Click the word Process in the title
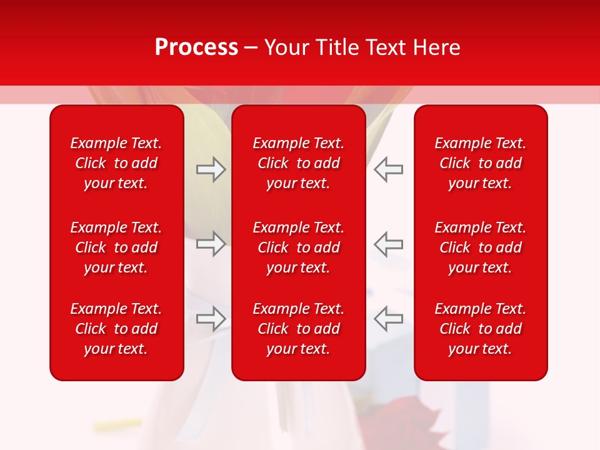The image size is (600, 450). [x=196, y=47]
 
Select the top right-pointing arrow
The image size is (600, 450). [x=211, y=169]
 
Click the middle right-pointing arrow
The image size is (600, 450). [x=211, y=244]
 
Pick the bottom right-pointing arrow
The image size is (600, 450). [x=211, y=319]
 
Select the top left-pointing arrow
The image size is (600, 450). [x=388, y=169]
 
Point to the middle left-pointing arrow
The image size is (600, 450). [x=388, y=244]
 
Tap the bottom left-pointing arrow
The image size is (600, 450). [x=388, y=319]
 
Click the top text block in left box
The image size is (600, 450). [x=116, y=163]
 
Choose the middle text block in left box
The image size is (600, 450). [x=116, y=247]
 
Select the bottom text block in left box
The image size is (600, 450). [x=116, y=329]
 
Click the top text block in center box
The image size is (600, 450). [x=298, y=163]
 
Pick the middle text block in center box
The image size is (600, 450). [x=298, y=247]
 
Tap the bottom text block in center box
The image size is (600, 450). [x=298, y=329]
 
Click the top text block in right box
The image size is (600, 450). [x=480, y=163]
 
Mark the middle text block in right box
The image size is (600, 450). [x=480, y=247]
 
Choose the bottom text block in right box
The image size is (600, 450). [x=480, y=329]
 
